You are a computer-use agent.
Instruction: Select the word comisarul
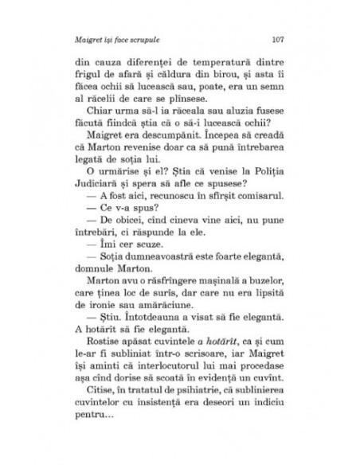pos(256,202)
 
